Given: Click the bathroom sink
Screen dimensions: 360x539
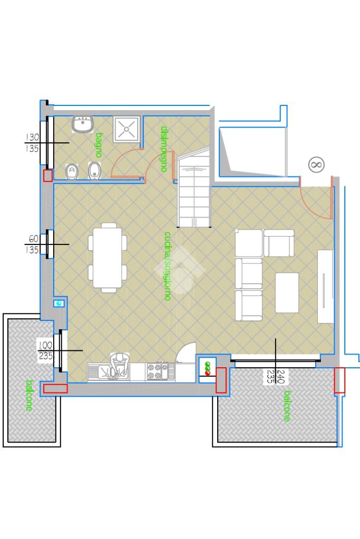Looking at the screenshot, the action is (83, 124).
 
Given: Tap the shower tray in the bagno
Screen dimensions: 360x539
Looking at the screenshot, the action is (127, 129).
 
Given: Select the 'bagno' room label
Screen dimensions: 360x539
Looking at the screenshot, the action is (99, 145).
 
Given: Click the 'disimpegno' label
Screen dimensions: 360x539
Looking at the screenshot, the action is (164, 149).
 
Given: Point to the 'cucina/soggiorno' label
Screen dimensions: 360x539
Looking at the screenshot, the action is (168, 266).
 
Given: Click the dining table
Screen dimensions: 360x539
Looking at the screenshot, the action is (108, 258).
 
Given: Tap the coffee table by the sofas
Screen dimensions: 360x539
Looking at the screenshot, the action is (287, 292).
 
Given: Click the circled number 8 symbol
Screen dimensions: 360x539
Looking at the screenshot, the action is (316, 165).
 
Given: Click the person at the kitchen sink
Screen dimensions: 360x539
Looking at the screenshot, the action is (119, 366).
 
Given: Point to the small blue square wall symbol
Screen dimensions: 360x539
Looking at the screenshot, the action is (59, 303).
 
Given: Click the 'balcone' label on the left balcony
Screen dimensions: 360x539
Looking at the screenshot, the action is (29, 395).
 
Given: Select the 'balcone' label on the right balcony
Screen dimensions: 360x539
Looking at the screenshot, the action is (287, 406).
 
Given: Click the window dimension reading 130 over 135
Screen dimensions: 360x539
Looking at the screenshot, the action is (32, 143).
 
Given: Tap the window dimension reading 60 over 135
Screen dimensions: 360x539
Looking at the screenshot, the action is (33, 244).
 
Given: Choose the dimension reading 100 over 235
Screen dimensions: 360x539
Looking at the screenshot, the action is (45, 350).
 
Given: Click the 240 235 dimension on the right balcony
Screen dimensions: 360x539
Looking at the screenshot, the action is (276, 376).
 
